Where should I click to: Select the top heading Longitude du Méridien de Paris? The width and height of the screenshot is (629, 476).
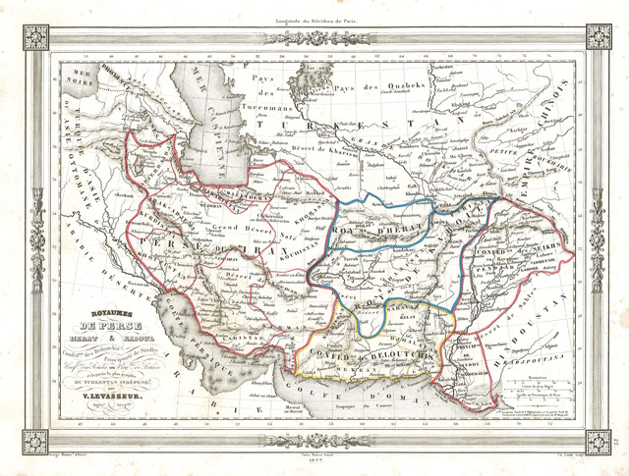pos(314,18)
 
